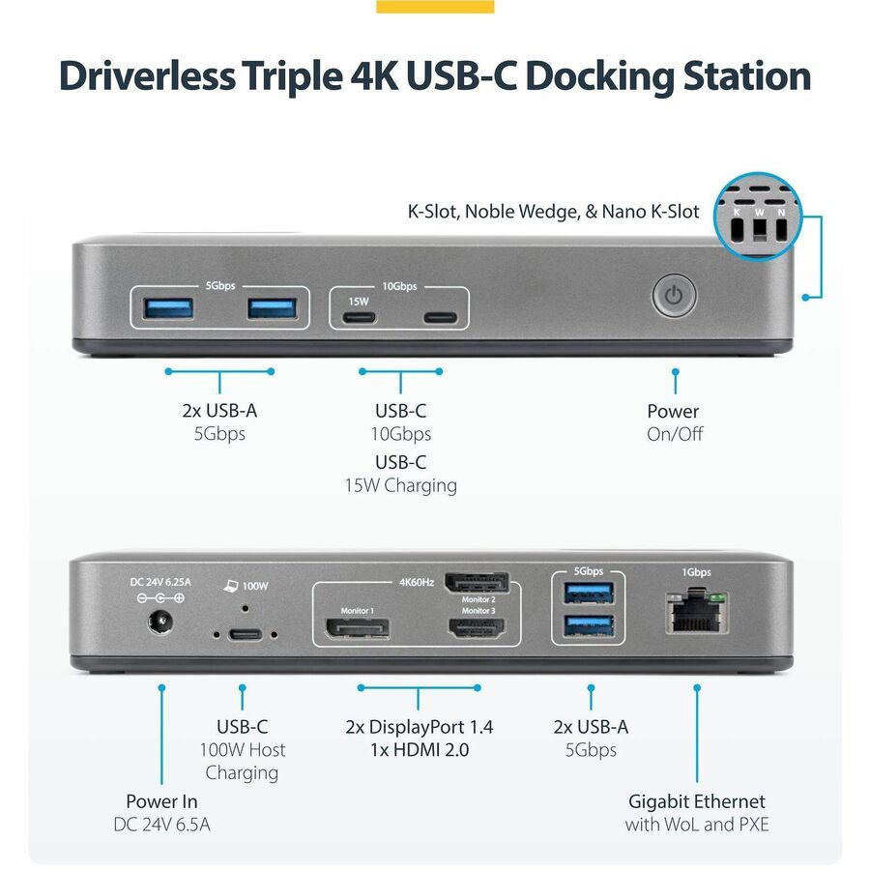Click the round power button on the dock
[x=674, y=295]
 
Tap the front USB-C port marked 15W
[x=359, y=318]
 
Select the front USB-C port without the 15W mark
[x=441, y=318]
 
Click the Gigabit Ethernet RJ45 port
[x=697, y=613]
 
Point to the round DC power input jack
[x=160, y=621]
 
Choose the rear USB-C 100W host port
[x=245, y=633]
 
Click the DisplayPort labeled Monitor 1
[x=357, y=628]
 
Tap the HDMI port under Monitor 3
[x=478, y=627]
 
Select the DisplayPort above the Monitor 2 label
[x=478, y=583]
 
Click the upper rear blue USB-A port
[x=589, y=594]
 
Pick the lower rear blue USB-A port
[x=589, y=625]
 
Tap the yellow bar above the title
[x=435, y=6]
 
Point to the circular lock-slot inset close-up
[x=757, y=216]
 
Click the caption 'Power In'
[x=161, y=801]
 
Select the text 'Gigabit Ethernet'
[x=696, y=801]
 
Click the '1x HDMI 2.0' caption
[x=420, y=750]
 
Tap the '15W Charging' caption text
[x=400, y=485]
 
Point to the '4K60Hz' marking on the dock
[x=416, y=582]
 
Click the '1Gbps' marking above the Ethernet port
[x=696, y=572]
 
